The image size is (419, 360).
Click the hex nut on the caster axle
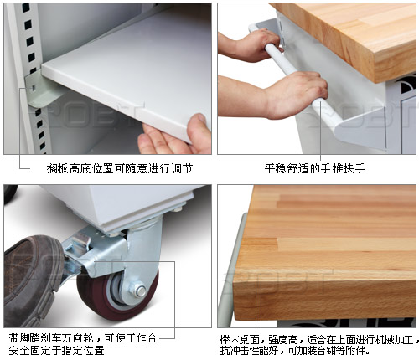pyautogui.click(x=141, y=291)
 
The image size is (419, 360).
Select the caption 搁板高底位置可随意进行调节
pyautogui.click(x=120, y=168)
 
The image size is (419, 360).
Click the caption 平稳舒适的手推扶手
pyautogui.click(x=315, y=168)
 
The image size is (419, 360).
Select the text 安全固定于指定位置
pyautogui.click(x=56, y=350)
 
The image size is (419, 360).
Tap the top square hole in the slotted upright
pyautogui.click(x=25, y=8)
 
